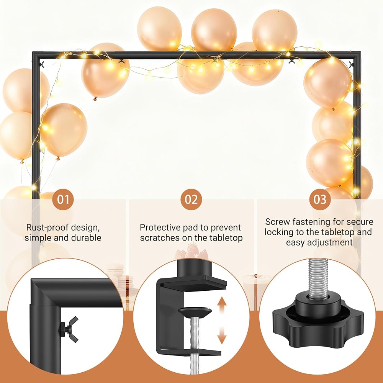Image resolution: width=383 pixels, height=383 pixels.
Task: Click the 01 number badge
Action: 63,199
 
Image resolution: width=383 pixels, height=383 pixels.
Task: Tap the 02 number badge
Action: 191,199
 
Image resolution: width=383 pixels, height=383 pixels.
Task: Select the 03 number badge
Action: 320,199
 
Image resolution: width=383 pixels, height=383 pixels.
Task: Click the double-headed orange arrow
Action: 222,320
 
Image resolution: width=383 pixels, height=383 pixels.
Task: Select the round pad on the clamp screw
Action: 195,312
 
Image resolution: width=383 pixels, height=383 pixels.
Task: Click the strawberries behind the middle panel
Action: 191,251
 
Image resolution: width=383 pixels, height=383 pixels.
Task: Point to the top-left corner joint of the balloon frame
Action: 36,56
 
